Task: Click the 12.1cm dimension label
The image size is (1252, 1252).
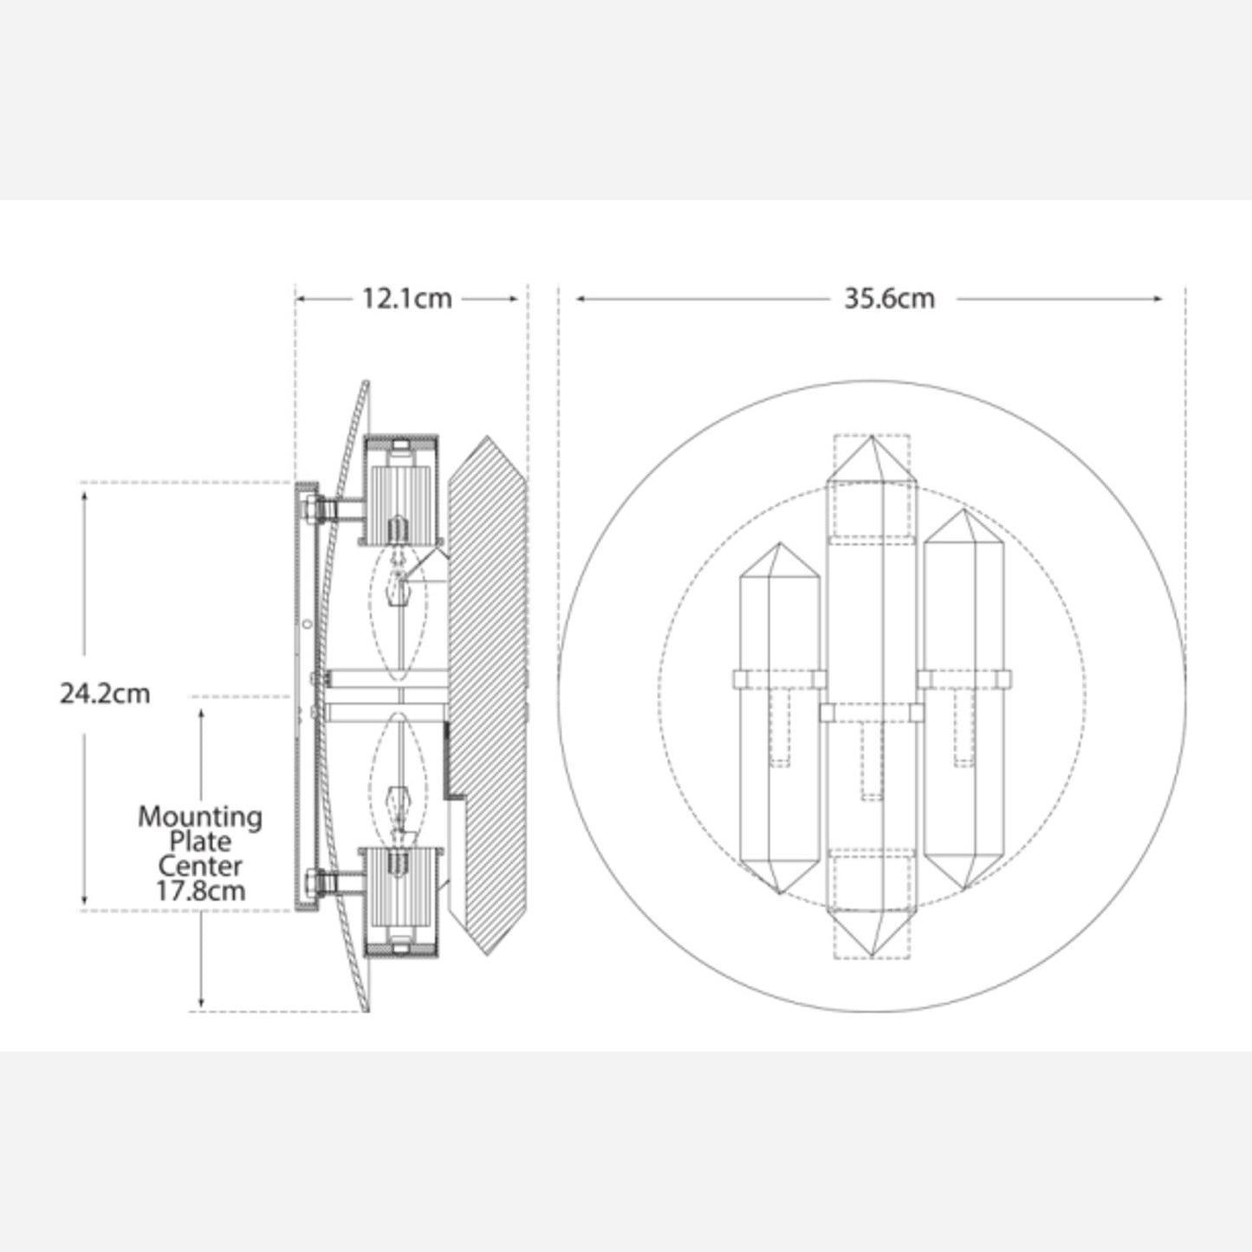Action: pyautogui.click(x=406, y=299)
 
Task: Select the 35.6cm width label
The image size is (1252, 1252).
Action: pyautogui.click(x=890, y=299)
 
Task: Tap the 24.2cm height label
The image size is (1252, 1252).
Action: pyautogui.click(x=105, y=694)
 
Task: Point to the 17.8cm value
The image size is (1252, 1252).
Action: pyautogui.click(x=201, y=891)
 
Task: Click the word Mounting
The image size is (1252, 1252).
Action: pyautogui.click(x=200, y=818)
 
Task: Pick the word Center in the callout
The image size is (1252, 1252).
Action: pyautogui.click(x=200, y=866)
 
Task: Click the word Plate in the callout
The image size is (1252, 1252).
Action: pyautogui.click(x=200, y=842)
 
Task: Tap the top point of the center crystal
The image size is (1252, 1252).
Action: pyautogui.click(x=872, y=437)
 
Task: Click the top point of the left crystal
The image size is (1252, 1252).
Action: pyautogui.click(x=780, y=543)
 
